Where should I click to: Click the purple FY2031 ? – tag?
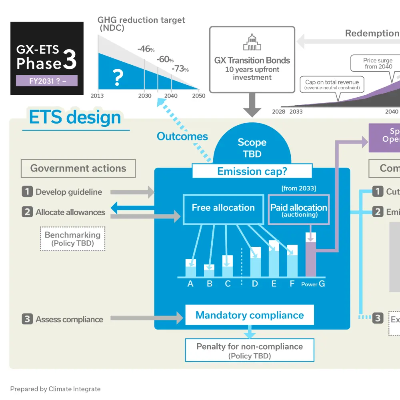47,81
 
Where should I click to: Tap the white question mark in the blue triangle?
117,77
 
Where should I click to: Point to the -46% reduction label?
146,49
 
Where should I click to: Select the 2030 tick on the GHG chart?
145,96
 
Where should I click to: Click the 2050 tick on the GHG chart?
199,96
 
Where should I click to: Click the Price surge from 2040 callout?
378,64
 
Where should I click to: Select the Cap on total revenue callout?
332,84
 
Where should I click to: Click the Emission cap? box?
252,171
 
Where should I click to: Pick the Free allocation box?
223,208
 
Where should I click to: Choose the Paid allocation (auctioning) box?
298,210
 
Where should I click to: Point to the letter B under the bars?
209,284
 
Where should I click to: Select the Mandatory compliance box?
250,315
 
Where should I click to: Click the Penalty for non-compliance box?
250,350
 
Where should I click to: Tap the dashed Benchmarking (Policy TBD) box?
72,239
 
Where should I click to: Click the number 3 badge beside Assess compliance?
27,319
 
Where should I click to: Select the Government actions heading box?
78,168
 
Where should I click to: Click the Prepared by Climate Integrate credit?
55,389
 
